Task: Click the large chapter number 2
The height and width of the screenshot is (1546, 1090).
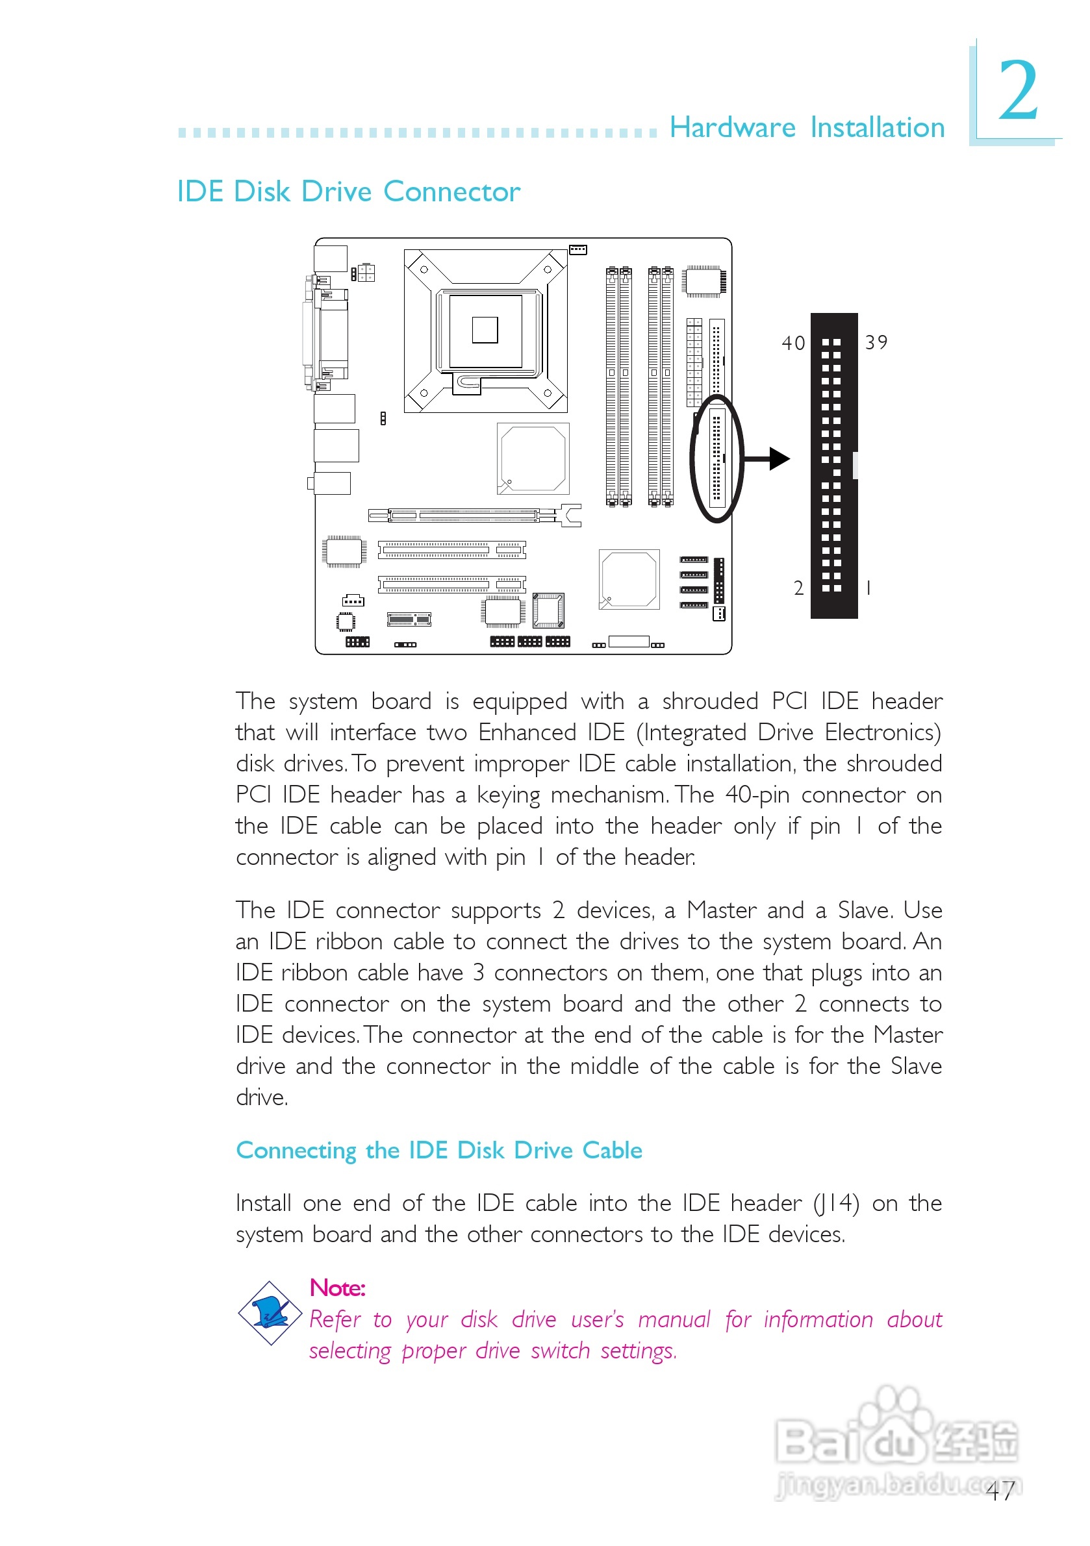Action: point(1018,90)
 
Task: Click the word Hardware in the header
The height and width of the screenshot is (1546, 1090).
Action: point(732,127)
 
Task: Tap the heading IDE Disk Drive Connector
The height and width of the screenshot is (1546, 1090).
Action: point(348,192)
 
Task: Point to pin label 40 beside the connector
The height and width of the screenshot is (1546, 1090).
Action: point(793,343)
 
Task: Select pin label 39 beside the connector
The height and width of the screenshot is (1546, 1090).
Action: point(876,343)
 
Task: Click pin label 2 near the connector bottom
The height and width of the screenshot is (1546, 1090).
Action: point(798,588)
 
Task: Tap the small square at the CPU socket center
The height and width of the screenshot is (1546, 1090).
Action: point(485,330)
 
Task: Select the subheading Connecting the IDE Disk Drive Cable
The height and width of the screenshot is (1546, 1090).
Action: point(438,1151)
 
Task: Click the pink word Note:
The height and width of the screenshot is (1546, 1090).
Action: point(337,1288)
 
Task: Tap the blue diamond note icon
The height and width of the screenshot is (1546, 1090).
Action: point(270,1313)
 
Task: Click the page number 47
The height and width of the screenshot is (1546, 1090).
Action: point(1000,1491)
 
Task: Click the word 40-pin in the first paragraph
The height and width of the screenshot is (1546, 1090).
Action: point(757,795)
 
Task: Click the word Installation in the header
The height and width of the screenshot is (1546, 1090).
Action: point(877,127)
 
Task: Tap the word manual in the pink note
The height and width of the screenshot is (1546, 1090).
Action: point(674,1320)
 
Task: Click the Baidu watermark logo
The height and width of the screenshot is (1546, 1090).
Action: point(896,1441)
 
